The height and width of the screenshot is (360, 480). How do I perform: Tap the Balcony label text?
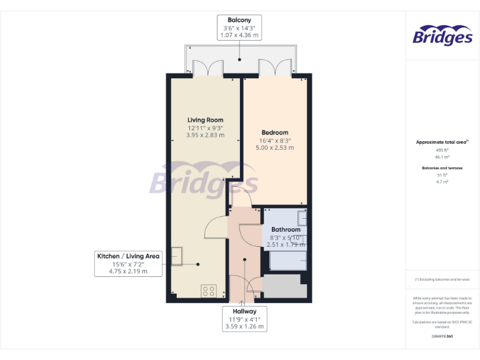(x=240, y=20)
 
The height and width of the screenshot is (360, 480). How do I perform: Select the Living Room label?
(x=205, y=119)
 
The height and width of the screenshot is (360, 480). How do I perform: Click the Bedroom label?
(x=274, y=132)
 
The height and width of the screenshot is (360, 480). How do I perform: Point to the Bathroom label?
(x=286, y=230)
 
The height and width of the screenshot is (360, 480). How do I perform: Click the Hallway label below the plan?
(x=244, y=311)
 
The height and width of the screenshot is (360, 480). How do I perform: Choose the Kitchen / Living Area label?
(x=127, y=256)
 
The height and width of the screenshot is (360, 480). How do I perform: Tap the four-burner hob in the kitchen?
(x=209, y=291)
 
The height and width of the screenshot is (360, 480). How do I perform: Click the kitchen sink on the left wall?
(x=177, y=255)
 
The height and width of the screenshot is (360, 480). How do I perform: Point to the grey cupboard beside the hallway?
(x=284, y=286)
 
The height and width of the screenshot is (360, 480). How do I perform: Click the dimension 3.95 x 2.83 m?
(x=205, y=135)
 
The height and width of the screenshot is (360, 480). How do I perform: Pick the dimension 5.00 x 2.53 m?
(x=274, y=148)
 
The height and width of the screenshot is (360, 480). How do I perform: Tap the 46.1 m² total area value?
(x=442, y=157)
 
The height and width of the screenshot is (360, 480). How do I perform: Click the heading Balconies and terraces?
(x=442, y=168)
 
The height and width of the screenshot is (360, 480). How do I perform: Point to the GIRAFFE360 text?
(x=442, y=336)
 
